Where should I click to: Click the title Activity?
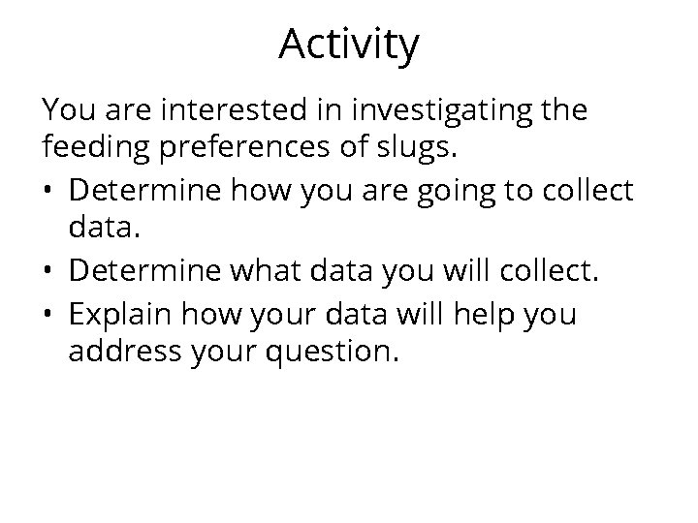tap(349, 45)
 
